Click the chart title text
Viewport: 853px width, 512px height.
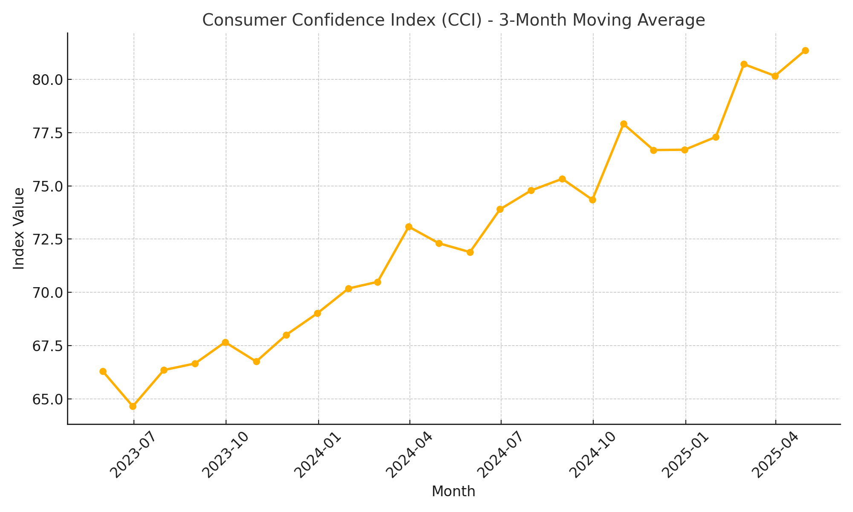[x=453, y=20]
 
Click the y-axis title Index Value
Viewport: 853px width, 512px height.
[x=19, y=228]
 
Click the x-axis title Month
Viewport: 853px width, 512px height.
[x=453, y=492]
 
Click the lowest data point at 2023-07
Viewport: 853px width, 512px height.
[x=133, y=406]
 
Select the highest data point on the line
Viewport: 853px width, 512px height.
[x=805, y=51]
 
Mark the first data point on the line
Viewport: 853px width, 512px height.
[x=103, y=372]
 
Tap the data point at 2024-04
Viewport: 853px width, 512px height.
[x=409, y=227]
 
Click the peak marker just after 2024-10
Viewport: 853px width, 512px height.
[x=624, y=124]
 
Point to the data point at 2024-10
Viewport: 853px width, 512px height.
[x=592, y=200]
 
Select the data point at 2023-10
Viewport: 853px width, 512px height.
[x=226, y=343]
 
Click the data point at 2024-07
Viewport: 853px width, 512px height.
[x=500, y=209]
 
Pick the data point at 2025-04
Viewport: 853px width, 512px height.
[x=775, y=76]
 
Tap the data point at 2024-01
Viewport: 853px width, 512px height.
[x=317, y=314]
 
